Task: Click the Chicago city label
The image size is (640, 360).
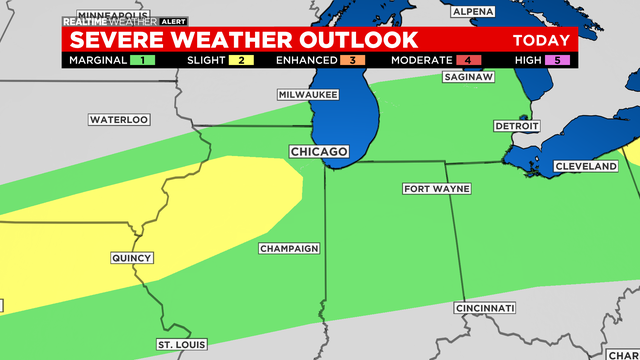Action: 318,152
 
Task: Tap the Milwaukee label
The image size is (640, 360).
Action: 308,94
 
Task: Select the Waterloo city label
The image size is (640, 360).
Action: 119,120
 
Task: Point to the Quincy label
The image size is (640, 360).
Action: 130,258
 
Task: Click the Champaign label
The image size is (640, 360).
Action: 288,248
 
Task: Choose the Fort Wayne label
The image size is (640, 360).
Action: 437,189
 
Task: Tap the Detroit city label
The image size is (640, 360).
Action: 516,126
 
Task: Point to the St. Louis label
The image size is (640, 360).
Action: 181,345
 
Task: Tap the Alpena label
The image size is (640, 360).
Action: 473,11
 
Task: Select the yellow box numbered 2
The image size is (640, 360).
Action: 243,60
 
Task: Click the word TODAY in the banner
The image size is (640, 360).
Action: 541,41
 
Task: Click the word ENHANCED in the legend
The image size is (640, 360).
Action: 306,60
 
